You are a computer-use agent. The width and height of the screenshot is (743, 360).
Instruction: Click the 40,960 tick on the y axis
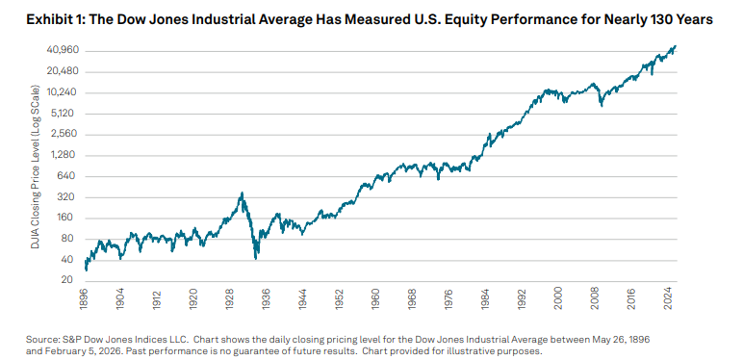63,50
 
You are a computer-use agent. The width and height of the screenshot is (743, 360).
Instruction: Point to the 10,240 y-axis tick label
63,92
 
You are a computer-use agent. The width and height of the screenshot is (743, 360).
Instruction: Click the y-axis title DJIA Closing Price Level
37,164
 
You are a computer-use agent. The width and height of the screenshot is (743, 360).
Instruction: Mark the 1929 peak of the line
242,193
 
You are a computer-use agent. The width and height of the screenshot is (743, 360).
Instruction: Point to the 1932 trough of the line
256,257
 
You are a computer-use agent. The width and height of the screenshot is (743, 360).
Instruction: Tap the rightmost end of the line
676,45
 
